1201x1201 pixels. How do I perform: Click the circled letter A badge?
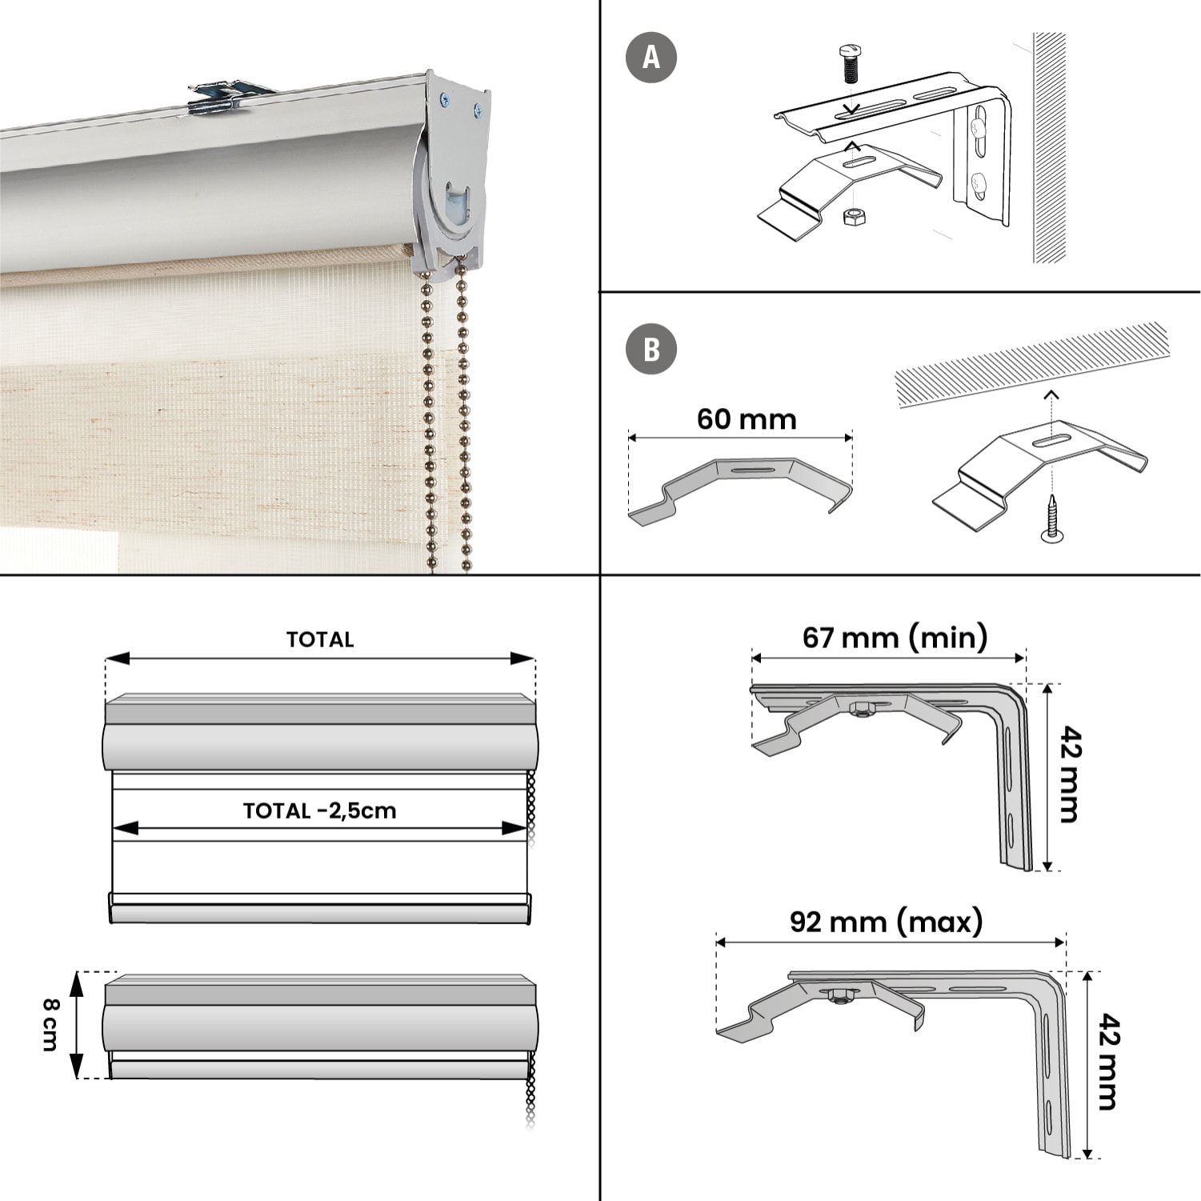(651, 58)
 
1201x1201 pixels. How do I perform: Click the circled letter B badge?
(651, 350)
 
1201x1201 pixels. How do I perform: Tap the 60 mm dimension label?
(747, 419)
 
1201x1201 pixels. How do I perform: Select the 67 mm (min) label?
(895, 637)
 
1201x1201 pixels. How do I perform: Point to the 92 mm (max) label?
(886, 922)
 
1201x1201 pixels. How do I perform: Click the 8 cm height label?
(50, 1024)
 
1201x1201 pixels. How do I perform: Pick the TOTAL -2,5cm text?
(319, 811)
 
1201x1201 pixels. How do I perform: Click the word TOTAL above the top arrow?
(320, 639)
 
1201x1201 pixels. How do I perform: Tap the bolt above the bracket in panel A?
(850, 63)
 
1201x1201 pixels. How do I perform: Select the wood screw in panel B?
(1052, 520)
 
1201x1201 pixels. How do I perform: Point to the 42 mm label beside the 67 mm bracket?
(1070, 775)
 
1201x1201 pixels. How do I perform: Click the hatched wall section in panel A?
(1049, 148)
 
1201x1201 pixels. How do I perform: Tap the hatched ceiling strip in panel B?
(1032, 364)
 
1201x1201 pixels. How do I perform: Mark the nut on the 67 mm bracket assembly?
(862, 709)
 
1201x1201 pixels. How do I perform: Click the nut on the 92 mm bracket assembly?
(839, 996)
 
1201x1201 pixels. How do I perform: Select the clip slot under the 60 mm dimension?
(751, 470)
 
